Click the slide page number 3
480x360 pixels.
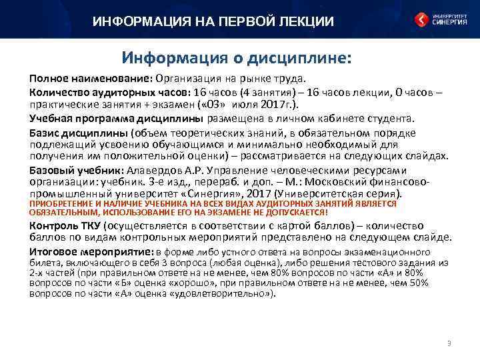tap(449, 344)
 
